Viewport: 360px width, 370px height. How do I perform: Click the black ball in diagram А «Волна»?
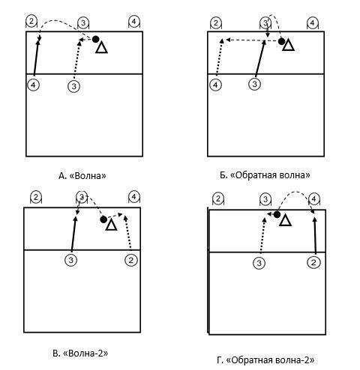(x=95, y=39)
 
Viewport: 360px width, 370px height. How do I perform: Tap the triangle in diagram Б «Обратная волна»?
(x=288, y=46)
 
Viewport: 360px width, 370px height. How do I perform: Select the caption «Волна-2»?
(x=85, y=354)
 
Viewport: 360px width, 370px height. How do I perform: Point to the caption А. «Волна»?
(x=82, y=176)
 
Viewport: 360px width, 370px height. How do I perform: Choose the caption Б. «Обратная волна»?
(x=265, y=175)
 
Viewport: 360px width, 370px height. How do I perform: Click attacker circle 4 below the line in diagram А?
(x=33, y=85)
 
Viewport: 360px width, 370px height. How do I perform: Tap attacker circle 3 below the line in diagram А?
(x=73, y=86)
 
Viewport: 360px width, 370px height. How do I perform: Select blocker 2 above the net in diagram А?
(x=31, y=22)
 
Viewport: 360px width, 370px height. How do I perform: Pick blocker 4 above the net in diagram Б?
(x=312, y=23)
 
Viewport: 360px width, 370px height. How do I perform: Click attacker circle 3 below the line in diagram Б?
(x=254, y=84)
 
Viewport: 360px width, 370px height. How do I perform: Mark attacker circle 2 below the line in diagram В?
(x=131, y=261)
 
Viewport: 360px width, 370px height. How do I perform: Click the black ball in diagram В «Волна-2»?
(x=103, y=219)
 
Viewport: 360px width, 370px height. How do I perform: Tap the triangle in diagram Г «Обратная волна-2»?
(x=286, y=220)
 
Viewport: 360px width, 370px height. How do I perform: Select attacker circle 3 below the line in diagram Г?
(x=259, y=263)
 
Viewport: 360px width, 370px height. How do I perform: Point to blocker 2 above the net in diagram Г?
(x=218, y=199)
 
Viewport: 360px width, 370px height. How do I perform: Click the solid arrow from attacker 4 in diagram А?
(x=36, y=58)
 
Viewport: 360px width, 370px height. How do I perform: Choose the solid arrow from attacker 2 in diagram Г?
(x=315, y=236)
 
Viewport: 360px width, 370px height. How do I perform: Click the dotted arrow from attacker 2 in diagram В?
(x=128, y=232)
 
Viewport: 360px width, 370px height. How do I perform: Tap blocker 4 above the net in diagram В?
(x=134, y=197)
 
